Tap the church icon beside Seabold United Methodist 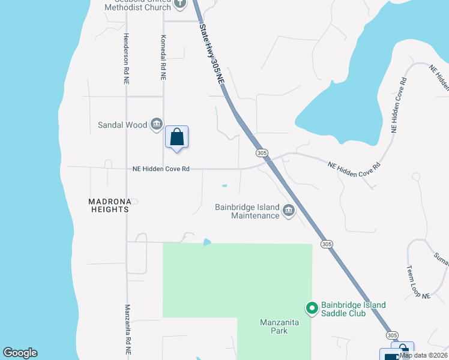click(181, 4)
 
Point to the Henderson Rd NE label click(126, 57)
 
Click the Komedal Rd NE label click(163, 57)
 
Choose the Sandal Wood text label click(122, 125)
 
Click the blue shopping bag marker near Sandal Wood click(177, 137)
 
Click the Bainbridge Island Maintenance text click(247, 211)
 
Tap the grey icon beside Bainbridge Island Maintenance click(289, 211)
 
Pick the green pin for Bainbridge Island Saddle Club click(312, 308)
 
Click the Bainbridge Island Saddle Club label click(353, 309)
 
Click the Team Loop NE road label click(418, 282)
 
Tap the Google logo click(20, 353)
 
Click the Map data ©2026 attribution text click(424, 355)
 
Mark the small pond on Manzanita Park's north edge click(207, 242)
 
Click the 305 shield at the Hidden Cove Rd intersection click(262, 154)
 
